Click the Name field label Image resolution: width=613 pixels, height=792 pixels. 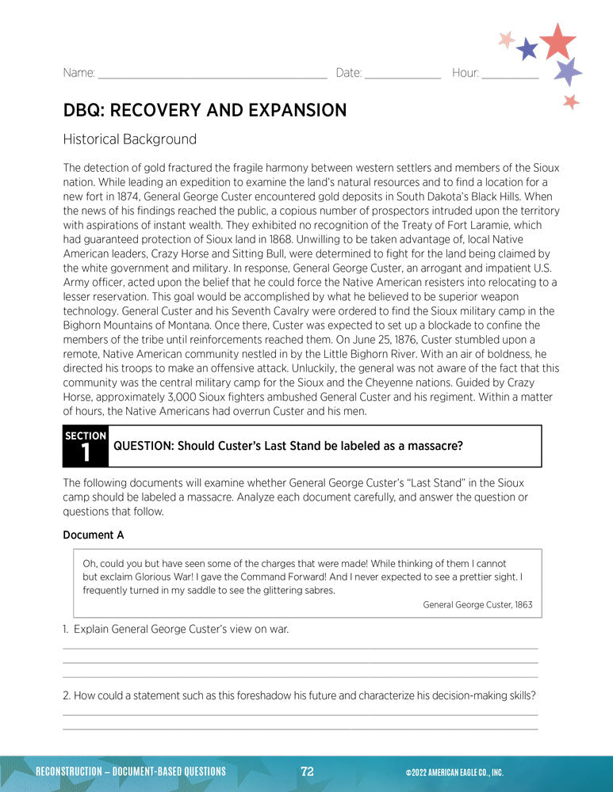click(x=79, y=73)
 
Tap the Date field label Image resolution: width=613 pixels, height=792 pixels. click(x=349, y=73)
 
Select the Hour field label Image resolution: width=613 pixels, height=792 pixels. click(x=465, y=73)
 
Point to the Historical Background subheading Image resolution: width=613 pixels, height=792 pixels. click(x=129, y=139)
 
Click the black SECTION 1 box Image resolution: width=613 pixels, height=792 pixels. click(x=86, y=447)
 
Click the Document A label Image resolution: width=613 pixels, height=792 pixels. click(x=94, y=535)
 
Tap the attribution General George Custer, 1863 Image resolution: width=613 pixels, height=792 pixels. click(x=477, y=604)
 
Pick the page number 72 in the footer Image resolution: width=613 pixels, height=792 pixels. click(x=308, y=771)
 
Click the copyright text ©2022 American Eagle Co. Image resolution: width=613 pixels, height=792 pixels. click(x=454, y=772)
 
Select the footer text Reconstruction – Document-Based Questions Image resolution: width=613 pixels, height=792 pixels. click(x=131, y=771)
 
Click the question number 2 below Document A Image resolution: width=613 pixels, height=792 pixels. click(x=67, y=695)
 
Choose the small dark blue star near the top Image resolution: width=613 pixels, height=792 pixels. click(x=527, y=50)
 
